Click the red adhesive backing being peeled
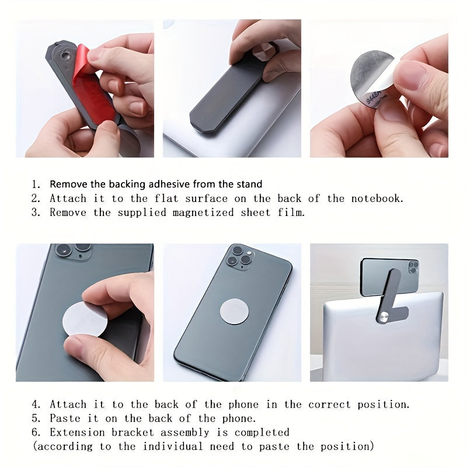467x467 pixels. [x=93, y=88]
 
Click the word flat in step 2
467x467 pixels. [x=147, y=198]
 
